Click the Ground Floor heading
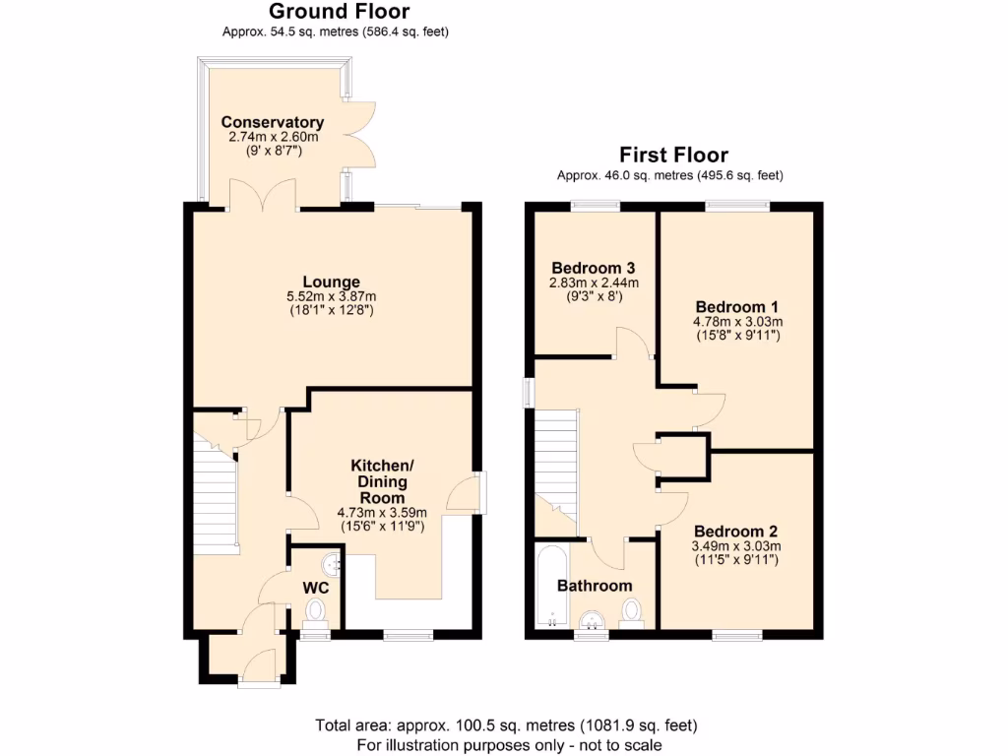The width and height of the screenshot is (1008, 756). [x=339, y=12]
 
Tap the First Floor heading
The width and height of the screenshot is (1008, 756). [x=673, y=155]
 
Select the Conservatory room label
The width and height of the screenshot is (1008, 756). [x=273, y=123]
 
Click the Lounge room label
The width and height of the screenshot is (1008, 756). [x=331, y=282]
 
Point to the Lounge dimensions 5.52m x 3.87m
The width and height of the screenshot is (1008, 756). [x=331, y=296]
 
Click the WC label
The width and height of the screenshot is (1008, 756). [x=315, y=588]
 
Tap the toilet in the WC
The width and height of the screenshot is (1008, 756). [x=316, y=613]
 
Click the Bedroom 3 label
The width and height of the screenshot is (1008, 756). [x=593, y=268]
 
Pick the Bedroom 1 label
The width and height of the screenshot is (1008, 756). [x=736, y=305]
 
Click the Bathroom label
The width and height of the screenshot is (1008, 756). [x=595, y=586]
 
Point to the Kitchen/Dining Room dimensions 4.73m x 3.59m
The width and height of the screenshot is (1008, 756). [x=382, y=512]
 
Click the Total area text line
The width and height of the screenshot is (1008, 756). [x=506, y=726]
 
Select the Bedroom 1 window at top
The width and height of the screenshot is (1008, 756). [x=737, y=207]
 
